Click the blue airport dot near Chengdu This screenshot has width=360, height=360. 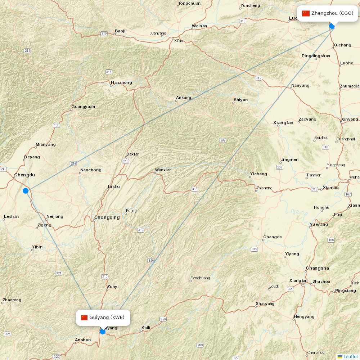click(26, 190)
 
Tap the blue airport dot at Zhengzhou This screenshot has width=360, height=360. click(332, 26)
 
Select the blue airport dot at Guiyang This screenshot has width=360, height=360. click(103, 331)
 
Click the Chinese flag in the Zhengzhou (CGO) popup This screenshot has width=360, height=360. click(306, 13)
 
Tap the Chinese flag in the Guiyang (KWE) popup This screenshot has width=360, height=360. click(84, 318)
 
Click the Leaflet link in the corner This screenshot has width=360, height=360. click(350, 356)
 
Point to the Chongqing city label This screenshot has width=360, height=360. click(107, 217)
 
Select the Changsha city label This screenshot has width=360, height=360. click(317, 268)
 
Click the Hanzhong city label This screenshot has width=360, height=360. click(121, 82)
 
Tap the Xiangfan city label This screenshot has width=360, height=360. click(283, 123)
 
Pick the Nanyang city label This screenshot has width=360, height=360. click(300, 85)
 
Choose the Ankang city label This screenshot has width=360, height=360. click(183, 98)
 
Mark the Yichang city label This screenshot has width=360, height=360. click(258, 174)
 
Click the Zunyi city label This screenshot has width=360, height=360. click(113, 287)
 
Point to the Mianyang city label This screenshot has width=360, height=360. click(46, 144)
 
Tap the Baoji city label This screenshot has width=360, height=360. click(120, 31)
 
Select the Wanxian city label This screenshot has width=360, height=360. click(163, 170)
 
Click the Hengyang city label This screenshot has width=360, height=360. click(304, 316)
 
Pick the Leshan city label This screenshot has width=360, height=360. click(11, 217)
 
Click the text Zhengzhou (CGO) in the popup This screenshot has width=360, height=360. click(332, 13)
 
